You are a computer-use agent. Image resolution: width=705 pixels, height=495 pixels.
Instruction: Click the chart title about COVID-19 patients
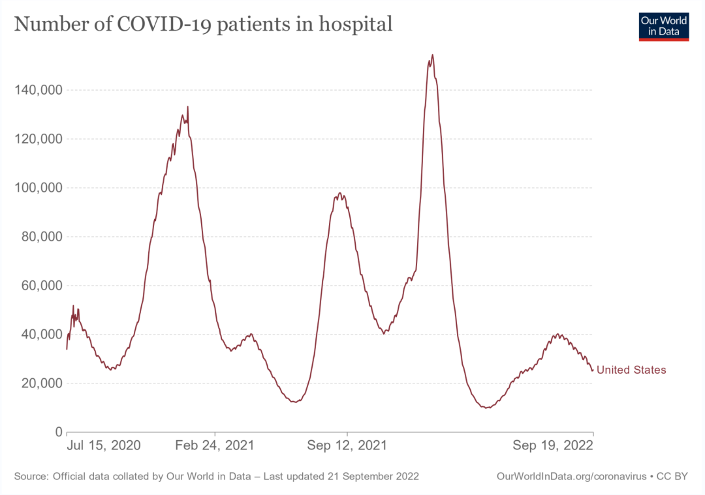click(x=203, y=24)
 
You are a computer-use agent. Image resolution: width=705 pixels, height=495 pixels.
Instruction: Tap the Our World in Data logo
click(x=664, y=26)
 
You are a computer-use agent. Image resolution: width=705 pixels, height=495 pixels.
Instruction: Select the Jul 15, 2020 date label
click(x=104, y=446)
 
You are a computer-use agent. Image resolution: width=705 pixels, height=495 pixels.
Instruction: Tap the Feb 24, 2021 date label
click(x=215, y=446)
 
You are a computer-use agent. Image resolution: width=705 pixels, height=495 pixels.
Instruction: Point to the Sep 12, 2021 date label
click(x=347, y=446)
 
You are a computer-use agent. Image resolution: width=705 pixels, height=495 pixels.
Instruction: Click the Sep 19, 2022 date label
click(x=552, y=446)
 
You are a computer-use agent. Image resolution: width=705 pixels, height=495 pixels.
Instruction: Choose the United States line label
click(x=631, y=370)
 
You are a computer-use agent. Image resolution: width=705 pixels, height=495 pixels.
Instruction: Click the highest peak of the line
click(x=432, y=55)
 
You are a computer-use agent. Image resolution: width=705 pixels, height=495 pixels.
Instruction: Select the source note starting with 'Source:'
click(x=216, y=477)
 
